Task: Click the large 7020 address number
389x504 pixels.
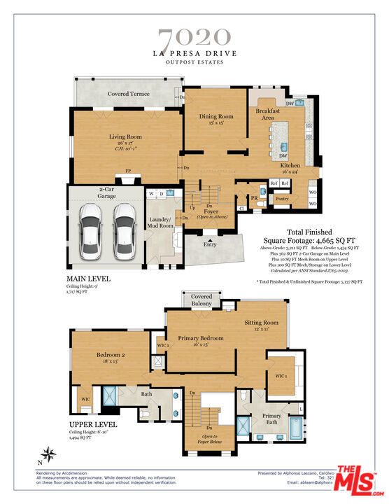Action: (194, 37)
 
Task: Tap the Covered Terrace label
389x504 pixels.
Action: (128, 94)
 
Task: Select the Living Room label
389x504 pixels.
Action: (125, 136)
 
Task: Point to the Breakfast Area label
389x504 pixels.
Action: (268, 114)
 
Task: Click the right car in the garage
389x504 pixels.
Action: (125, 229)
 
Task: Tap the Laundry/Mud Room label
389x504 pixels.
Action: (161, 222)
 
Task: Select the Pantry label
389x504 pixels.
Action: (281, 199)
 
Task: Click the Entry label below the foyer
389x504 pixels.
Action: (210, 244)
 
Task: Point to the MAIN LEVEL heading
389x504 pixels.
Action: (88, 279)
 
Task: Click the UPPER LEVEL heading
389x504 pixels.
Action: (93, 425)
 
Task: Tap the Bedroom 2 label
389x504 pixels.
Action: (110, 355)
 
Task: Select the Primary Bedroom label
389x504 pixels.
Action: (201, 338)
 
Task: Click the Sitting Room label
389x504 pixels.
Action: (261, 323)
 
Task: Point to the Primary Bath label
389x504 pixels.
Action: (271, 419)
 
